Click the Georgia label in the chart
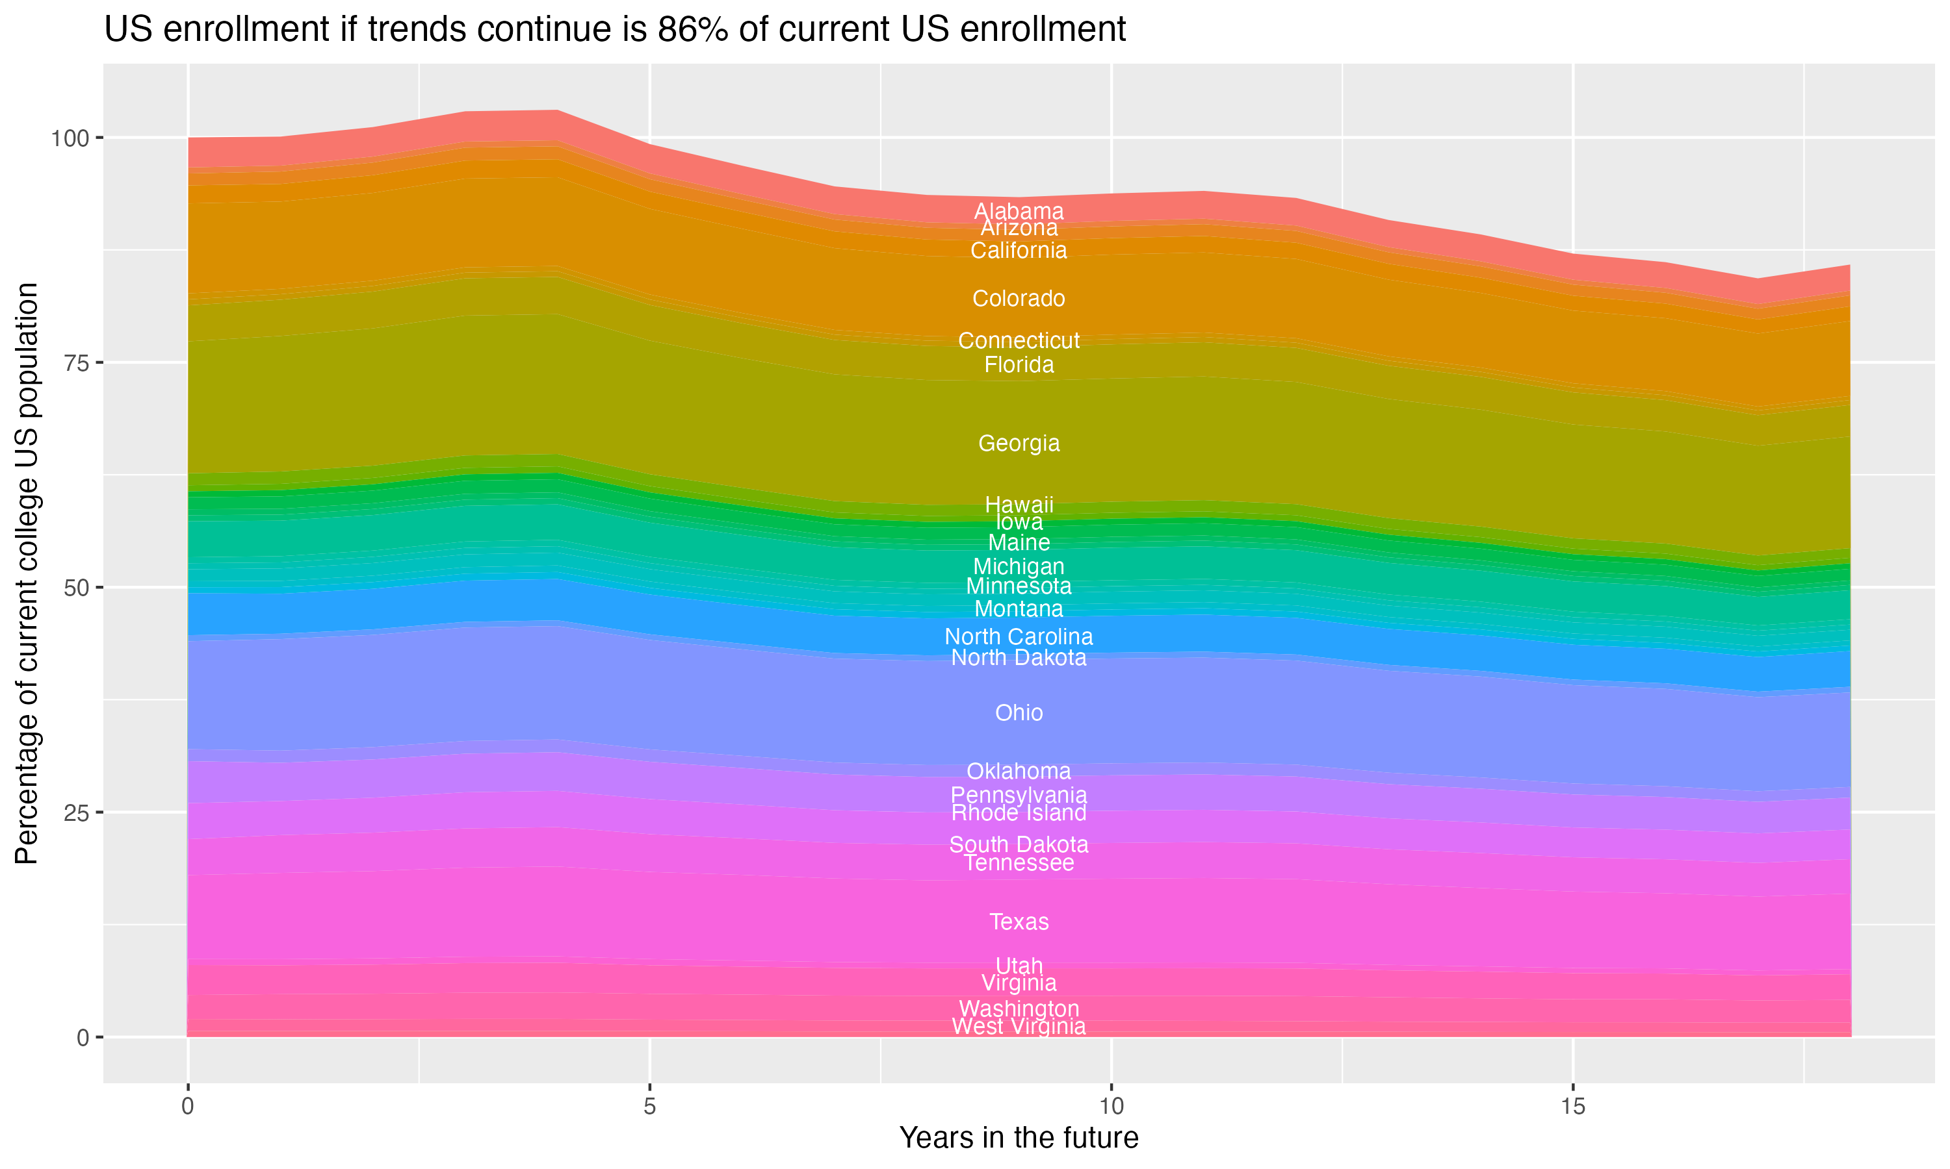tap(1019, 444)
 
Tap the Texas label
tap(1019, 922)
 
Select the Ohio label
tap(1019, 713)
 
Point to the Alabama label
tap(1019, 211)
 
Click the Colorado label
tap(1019, 299)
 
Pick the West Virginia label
tap(1019, 1026)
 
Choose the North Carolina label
tap(1019, 636)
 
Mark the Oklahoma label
tap(1019, 771)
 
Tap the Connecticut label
tap(1019, 340)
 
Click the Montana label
tap(1019, 609)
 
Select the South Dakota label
tap(1019, 844)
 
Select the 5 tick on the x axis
tap(649, 1107)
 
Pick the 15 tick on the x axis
tap(1572, 1107)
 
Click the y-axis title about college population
tap(27, 573)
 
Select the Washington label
tap(1019, 1009)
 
